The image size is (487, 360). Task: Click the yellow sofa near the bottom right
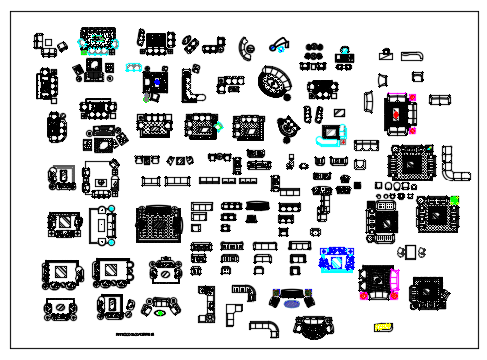pyautogui.click(x=383, y=326)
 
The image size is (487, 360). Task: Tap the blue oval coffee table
pyautogui.click(x=290, y=304)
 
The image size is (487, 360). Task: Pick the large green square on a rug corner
pyautogui.click(x=454, y=201)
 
